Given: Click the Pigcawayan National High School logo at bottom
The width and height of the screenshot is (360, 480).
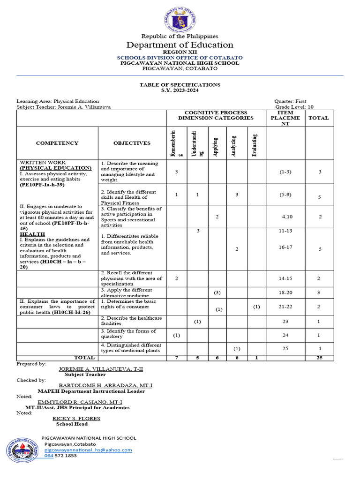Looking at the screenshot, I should click(x=23, y=451).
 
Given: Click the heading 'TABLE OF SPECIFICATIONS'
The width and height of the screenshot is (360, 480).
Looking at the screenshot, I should click(x=180, y=85).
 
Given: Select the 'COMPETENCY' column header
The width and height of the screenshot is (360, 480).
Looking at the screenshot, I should click(x=57, y=143).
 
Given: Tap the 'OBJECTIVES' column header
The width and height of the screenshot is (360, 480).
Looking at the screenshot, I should click(x=132, y=143).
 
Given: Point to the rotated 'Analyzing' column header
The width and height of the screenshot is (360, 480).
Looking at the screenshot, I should click(x=237, y=143).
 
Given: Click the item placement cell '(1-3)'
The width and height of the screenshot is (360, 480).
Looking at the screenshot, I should click(x=285, y=172).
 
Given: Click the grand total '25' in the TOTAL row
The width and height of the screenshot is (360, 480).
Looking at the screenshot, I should click(x=319, y=358).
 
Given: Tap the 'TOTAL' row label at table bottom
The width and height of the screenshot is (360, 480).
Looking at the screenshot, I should click(x=84, y=358).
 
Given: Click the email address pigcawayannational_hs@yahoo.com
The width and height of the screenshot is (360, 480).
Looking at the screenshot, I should click(x=88, y=450).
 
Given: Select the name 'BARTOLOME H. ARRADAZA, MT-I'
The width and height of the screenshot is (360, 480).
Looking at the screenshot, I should click(x=105, y=385).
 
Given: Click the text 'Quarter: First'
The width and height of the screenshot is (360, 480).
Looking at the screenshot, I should click(x=294, y=101).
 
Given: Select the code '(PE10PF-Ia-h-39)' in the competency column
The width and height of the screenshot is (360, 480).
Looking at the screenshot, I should click(x=42, y=185).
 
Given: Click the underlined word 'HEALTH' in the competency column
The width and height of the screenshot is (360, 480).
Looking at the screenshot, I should click(x=32, y=234).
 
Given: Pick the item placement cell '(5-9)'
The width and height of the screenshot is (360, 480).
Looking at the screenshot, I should click(x=285, y=194).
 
